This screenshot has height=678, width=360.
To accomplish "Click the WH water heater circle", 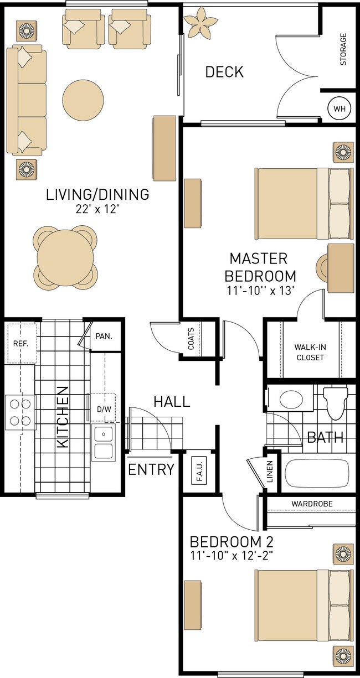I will click(339, 108).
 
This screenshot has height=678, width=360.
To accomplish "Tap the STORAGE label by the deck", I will click(343, 50).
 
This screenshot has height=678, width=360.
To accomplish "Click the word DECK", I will click(224, 72).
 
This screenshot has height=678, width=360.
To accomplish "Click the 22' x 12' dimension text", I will click(97, 209).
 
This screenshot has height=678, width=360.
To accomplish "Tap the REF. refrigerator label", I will click(20, 343).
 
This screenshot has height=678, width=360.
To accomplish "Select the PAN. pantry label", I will click(104, 336).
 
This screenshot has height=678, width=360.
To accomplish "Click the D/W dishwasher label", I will click(104, 410).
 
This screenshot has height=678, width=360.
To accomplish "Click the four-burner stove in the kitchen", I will click(20, 412).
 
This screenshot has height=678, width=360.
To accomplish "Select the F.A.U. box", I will click(199, 470).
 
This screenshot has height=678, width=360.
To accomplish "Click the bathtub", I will click(317, 473).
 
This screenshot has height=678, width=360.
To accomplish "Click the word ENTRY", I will click(151, 470).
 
